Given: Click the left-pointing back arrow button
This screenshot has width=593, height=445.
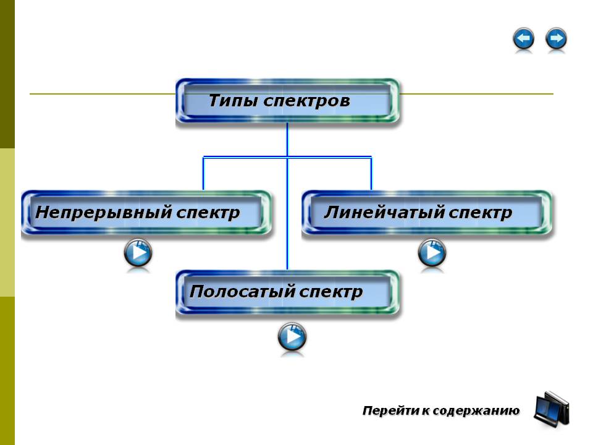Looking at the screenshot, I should click(x=523, y=40).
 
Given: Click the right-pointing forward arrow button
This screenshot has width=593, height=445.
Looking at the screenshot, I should click(x=556, y=40).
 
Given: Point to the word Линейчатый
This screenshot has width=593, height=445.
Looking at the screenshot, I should click(x=383, y=213).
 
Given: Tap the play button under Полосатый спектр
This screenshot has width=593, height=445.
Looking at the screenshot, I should click(x=292, y=337).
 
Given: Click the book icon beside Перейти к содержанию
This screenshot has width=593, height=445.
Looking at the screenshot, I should click(x=551, y=409).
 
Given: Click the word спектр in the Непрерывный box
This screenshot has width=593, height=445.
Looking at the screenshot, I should click(x=208, y=213).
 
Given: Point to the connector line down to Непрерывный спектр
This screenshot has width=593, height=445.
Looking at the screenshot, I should click(x=203, y=174).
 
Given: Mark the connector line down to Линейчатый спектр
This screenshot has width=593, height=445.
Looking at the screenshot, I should click(x=371, y=174).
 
